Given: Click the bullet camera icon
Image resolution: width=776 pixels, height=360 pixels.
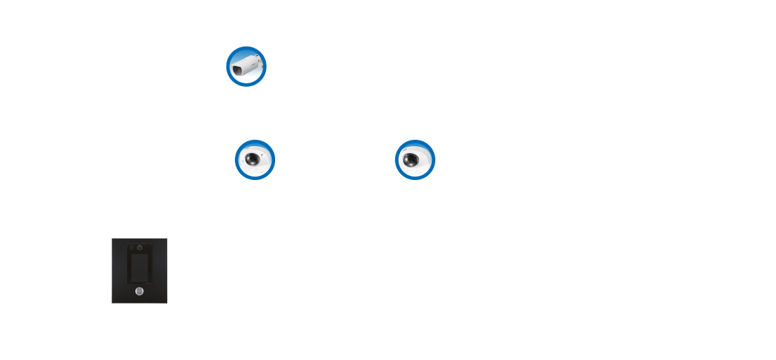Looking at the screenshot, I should point(246,66).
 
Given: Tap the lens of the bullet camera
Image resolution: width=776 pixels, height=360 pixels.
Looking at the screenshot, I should point(236,71).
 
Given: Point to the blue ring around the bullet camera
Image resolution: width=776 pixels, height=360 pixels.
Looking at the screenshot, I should point(246,48).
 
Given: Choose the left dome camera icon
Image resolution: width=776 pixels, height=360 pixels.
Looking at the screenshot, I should point(255,160).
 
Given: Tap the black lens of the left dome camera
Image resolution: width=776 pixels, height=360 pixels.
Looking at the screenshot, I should point(252,159).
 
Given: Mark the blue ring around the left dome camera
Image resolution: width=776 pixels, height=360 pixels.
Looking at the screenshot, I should point(255,142).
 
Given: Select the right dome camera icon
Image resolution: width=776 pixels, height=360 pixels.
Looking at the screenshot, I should point(415,160).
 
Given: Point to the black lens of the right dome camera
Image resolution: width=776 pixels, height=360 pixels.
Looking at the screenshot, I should point(411,160).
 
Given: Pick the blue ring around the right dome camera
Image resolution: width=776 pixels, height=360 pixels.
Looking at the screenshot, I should point(415,142).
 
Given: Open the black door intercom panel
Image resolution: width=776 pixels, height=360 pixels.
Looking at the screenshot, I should point(140,270).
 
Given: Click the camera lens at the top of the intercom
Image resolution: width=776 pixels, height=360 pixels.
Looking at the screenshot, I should point(140,248).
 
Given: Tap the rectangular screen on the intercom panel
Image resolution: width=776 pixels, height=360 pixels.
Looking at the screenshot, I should point(140,268).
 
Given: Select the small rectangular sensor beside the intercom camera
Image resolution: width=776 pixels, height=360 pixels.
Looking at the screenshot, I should point(132,248).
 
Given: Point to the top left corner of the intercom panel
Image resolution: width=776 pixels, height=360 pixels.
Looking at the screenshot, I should point(112,239).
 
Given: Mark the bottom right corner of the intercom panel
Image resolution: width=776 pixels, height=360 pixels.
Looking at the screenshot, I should point(166,302).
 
